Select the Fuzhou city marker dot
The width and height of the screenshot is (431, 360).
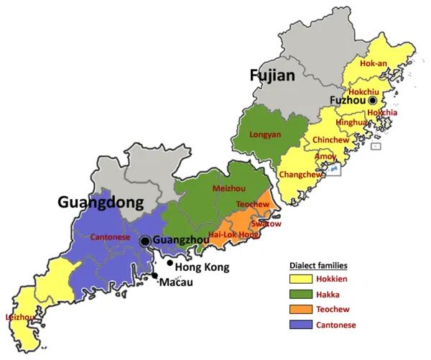(x=373, y=101)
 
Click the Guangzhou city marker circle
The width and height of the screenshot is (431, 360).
(x=146, y=241)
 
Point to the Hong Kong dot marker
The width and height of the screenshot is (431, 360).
(x=170, y=263)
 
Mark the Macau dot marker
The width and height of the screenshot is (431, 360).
(x=154, y=276)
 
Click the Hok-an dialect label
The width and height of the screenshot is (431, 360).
(x=374, y=63)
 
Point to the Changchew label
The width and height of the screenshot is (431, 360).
(x=297, y=173)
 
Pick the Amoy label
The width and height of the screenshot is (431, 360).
(x=325, y=156)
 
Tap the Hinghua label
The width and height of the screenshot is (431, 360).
(x=351, y=123)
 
